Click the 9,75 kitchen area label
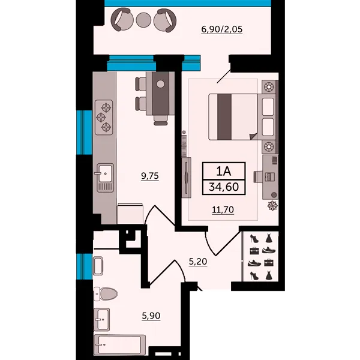click(150, 176)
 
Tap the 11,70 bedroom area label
click(223, 209)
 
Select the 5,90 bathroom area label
click(151, 316)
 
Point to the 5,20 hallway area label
click(198, 262)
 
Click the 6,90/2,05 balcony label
click(222, 29)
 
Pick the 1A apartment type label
click(223, 171)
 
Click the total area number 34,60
click(224, 187)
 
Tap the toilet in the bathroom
click(106, 293)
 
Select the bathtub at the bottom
click(119, 345)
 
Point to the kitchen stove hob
click(104, 117)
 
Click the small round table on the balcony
click(143, 20)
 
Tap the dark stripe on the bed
click(224, 117)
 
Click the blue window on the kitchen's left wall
click(84, 133)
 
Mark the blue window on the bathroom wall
click(84, 266)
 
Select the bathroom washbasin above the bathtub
click(102, 319)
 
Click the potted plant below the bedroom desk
click(273, 205)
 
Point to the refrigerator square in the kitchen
click(130, 214)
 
